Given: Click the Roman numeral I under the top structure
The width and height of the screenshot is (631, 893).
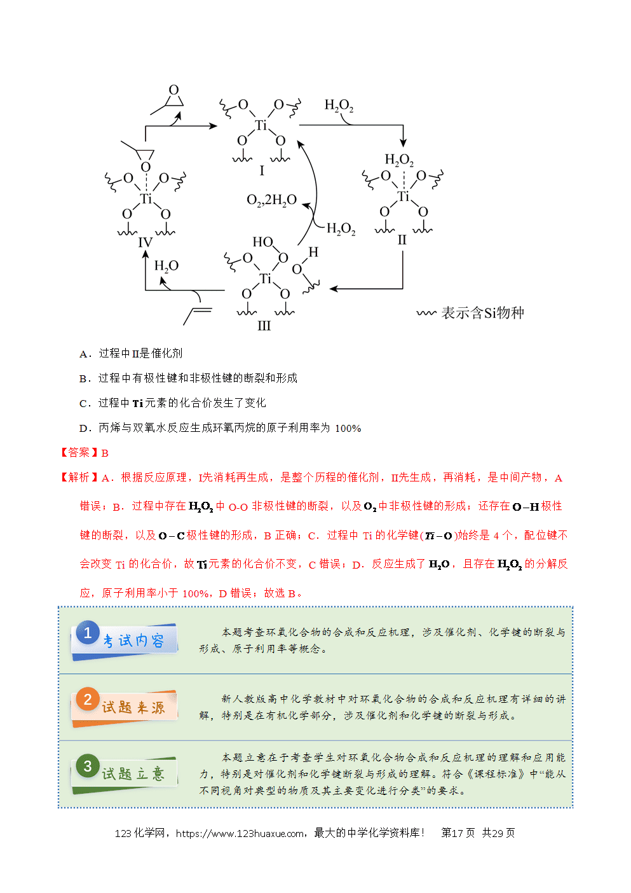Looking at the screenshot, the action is click(262, 170).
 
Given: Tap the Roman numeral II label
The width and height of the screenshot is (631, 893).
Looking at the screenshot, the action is click(402, 240).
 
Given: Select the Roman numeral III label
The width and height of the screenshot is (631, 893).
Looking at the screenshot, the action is click(264, 326).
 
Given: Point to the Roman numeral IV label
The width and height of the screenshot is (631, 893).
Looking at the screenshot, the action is click(146, 242).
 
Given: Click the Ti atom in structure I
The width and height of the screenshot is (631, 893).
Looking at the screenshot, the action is click(261, 125).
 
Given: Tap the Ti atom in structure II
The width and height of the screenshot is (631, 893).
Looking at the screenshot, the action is click(403, 196).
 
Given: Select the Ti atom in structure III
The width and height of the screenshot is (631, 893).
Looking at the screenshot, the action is click(265, 278).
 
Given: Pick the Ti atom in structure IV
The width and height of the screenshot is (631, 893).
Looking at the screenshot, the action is click(146, 198).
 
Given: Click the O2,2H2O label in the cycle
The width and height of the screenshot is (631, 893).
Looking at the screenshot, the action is click(272, 200).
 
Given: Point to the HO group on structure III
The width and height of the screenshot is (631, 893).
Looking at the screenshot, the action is click(262, 242).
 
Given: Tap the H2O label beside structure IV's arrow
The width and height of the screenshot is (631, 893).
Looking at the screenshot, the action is click(166, 266).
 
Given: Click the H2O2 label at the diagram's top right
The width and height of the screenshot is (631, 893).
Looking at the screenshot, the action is click(339, 105).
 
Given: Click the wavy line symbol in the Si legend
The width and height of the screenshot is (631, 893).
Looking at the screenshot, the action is click(426, 313).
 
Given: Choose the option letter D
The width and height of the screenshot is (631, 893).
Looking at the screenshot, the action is click(84, 429).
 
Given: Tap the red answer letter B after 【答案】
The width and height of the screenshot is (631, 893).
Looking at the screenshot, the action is click(105, 453).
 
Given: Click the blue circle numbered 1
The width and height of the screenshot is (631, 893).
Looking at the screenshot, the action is click(88, 632).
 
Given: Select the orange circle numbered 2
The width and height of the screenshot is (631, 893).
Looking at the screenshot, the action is click(88, 699).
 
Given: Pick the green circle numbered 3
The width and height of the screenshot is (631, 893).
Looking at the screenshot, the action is click(88, 766).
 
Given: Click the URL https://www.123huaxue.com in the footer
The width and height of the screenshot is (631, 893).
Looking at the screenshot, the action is click(240, 833).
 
